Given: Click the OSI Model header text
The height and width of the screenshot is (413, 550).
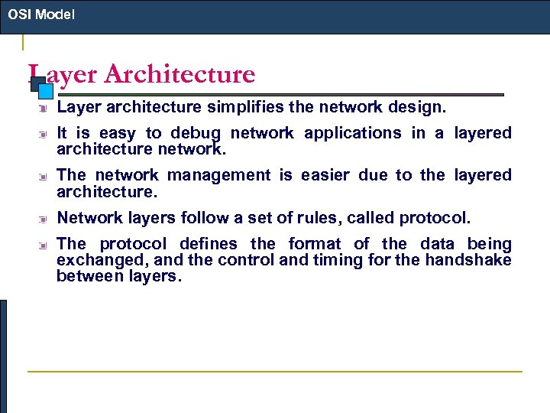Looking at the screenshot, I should [x=41, y=15].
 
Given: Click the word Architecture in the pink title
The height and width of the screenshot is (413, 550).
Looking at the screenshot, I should [x=180, y=74].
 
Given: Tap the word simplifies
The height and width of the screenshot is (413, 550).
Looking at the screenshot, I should [x=239, y=108].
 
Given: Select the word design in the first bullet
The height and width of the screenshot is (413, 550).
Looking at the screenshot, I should [x=422, y=108].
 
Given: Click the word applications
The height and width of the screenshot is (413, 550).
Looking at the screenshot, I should [x=352, y=133].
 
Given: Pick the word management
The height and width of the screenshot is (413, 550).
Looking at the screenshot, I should [x=218, y=175].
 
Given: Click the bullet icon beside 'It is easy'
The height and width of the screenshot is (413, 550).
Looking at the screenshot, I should [x=45, y=134].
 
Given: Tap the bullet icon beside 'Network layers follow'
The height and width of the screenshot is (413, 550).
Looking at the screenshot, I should [x=45, y=219].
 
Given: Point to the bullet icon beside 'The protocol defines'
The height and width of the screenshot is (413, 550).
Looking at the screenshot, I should [x=45, y=245].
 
